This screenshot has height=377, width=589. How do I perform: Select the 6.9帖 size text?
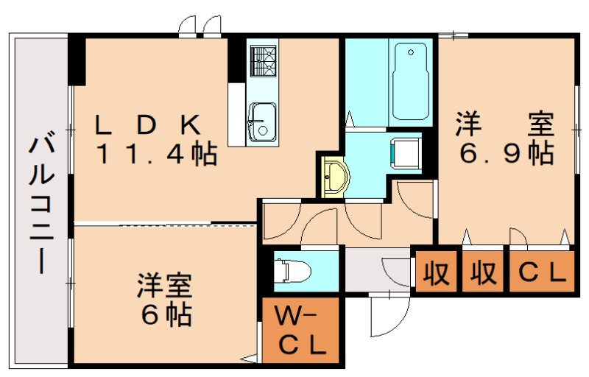[507, 154]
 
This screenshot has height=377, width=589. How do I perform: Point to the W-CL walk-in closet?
[300, 332]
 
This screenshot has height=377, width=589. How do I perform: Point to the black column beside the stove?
[236, 59]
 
